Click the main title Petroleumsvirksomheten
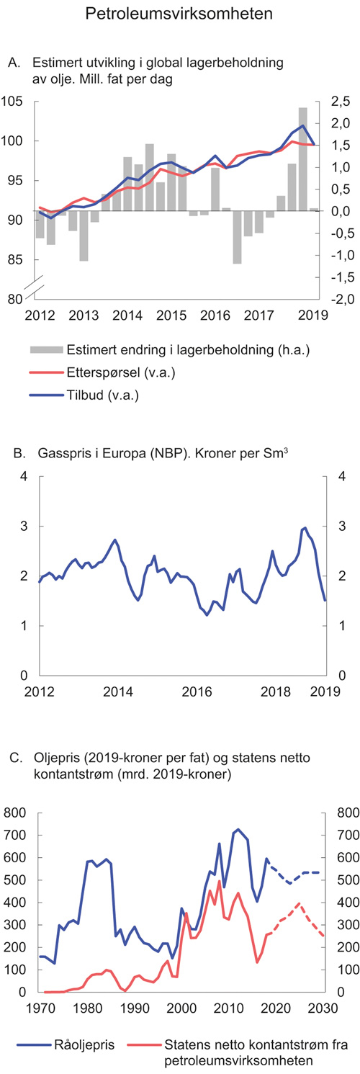click(179, 14)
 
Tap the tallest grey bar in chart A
click(303, 158)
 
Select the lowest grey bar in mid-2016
click(237, 237)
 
